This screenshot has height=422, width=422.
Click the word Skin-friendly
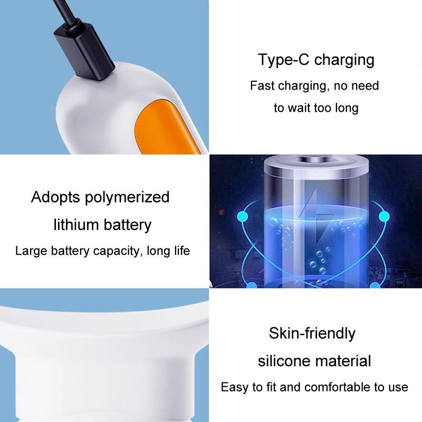(x=312, y=333)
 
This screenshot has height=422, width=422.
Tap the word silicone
(x=285, y=361)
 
